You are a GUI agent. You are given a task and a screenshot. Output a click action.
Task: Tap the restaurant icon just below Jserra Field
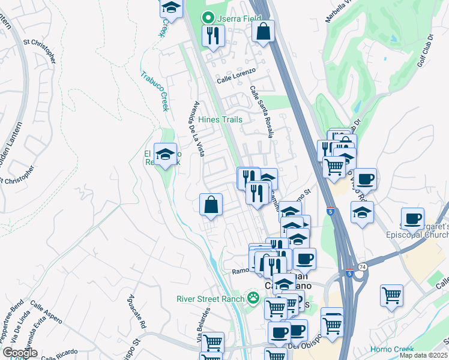212,37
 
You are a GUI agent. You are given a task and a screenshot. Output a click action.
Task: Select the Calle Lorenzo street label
236,74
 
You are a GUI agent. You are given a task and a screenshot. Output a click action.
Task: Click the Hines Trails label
220,119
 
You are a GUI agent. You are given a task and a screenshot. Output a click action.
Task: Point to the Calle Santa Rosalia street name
262,112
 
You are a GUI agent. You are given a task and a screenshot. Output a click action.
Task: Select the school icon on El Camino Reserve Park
166,155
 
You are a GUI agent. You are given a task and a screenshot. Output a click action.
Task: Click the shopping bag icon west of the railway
211,205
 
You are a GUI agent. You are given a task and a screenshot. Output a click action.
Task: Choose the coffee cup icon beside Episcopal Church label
412,220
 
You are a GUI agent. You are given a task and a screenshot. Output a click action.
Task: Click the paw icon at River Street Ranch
254,298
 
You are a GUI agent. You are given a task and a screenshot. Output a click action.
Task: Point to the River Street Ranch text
210,299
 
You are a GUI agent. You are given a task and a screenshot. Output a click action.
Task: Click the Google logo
20,353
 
